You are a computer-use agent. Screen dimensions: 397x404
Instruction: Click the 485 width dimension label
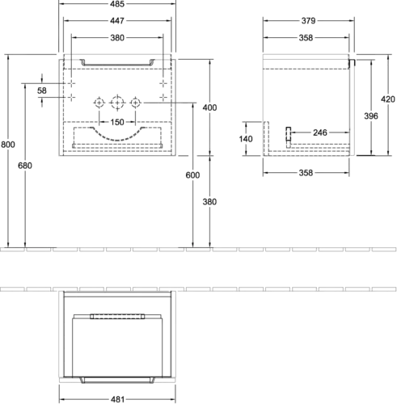(117, 4)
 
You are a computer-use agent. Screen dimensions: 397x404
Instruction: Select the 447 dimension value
(117, 21)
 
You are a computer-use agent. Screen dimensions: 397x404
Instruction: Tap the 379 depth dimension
(308, 21)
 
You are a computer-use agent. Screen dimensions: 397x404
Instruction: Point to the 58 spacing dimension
(42, 90)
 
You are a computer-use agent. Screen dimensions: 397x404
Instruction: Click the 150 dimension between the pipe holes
(117, 122)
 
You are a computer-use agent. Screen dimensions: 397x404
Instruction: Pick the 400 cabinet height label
(209, 107)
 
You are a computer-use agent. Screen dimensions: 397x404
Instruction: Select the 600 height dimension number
(192, 175)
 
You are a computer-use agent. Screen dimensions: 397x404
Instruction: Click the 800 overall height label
(8, 145)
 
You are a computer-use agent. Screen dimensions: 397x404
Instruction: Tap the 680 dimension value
(25, 166)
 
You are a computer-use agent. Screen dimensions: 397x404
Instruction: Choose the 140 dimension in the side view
(246, 139)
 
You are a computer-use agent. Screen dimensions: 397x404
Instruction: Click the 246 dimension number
(320, 133)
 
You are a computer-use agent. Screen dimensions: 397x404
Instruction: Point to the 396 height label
(371, 116)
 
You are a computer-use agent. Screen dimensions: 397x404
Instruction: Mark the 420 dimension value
(388, 99)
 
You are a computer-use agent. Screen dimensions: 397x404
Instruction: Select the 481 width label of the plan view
(117, 399)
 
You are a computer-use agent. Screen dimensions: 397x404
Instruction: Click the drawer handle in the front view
(117, 65)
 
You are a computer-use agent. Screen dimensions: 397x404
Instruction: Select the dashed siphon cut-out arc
(117, 140)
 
